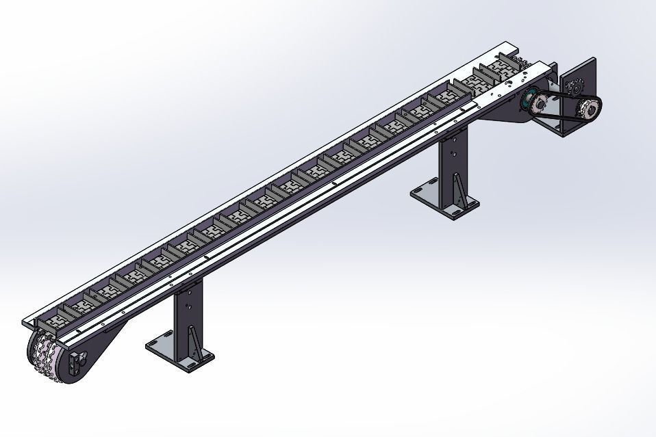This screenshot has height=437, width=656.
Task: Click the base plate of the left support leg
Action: pos(179,349)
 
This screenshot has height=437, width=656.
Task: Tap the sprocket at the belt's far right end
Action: pos(587,109)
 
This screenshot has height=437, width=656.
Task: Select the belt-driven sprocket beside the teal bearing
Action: pos(541,104)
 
